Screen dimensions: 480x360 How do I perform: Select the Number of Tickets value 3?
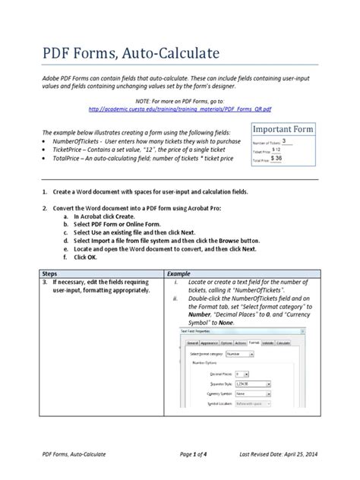coord(284,141)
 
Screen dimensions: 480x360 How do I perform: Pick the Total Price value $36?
coord(277,160)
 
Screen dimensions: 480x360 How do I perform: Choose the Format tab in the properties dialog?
coord(253,343)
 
